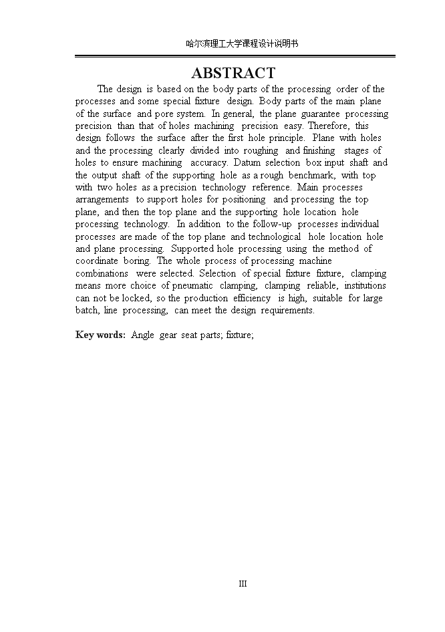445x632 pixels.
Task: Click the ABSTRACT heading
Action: (233, 73)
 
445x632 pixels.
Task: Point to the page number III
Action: (243, 583)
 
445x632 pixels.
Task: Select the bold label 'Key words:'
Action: (100, 335)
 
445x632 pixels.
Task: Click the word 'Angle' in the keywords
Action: (142, 335)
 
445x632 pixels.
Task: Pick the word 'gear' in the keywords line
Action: (168, 335)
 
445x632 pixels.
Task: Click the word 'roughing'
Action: (261, 150)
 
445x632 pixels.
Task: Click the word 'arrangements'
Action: (102, 200)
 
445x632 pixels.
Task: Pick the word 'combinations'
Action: (102, 274)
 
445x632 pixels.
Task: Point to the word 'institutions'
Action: (365, 286)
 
